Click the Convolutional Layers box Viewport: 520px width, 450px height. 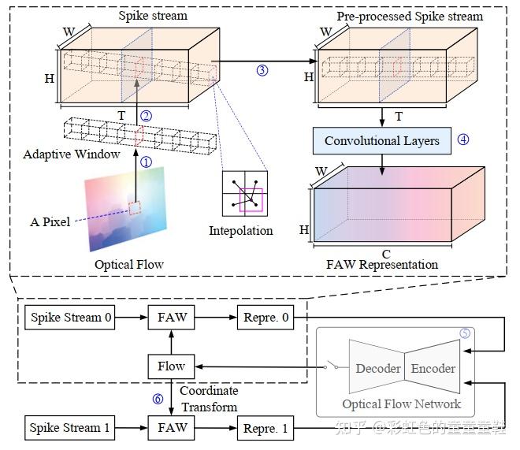point(381,141)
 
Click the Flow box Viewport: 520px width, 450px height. point(171,366)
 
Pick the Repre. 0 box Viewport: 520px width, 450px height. point(268,318)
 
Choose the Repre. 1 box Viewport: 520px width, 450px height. point(268,429)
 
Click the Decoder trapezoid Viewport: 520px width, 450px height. point(378,368)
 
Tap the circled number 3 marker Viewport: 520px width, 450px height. point(262,70)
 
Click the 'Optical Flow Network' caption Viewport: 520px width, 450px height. point(401,404)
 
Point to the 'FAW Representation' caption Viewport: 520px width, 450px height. point(382,265)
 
